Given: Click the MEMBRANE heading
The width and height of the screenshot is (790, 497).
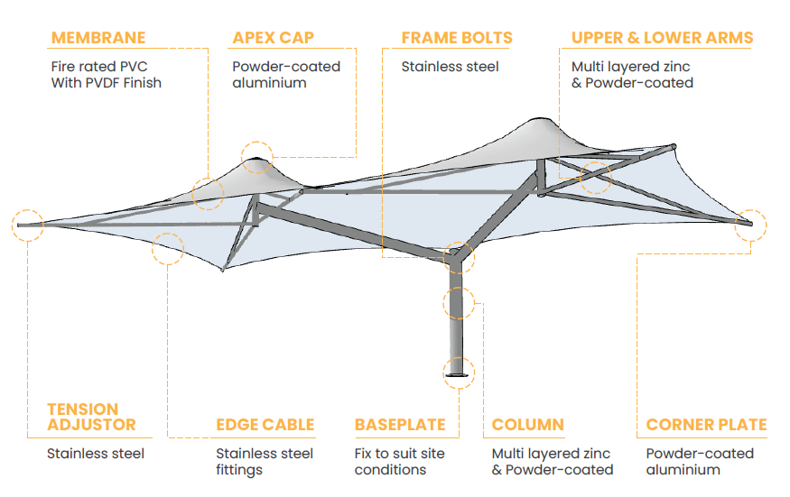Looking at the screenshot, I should tap(98, 38).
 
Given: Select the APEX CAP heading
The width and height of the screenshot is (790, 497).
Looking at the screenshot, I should tap(273, 38).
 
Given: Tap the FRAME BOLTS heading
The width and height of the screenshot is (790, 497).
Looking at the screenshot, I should tap(456, 38).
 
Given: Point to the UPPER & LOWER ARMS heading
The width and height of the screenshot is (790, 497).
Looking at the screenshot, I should tap(662, 38).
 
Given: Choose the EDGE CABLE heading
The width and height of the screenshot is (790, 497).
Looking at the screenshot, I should tap(265, 425).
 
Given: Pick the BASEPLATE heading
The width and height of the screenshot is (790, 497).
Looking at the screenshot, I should tap(400, 425).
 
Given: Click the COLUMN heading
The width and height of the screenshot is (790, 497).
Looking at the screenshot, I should tap(527, 425).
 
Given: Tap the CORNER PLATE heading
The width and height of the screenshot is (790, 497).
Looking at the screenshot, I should tap(706, 425).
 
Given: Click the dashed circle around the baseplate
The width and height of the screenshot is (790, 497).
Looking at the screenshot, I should tap(459, 372).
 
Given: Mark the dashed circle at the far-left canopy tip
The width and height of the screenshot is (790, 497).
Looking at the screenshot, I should tap(28, 225).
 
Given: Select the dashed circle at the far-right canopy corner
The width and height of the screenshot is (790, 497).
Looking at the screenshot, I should tap(750, 225).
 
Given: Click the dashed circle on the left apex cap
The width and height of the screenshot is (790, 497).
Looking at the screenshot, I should tap(257, 157).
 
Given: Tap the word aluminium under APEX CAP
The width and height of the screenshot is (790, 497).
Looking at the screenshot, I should tap(269, 83).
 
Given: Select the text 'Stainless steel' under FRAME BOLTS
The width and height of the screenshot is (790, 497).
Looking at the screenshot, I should tap(450, 66).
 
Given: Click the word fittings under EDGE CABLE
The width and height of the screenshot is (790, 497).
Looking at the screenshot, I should tap(238, 470).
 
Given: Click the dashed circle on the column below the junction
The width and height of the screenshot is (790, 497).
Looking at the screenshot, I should tap(459, 303).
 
